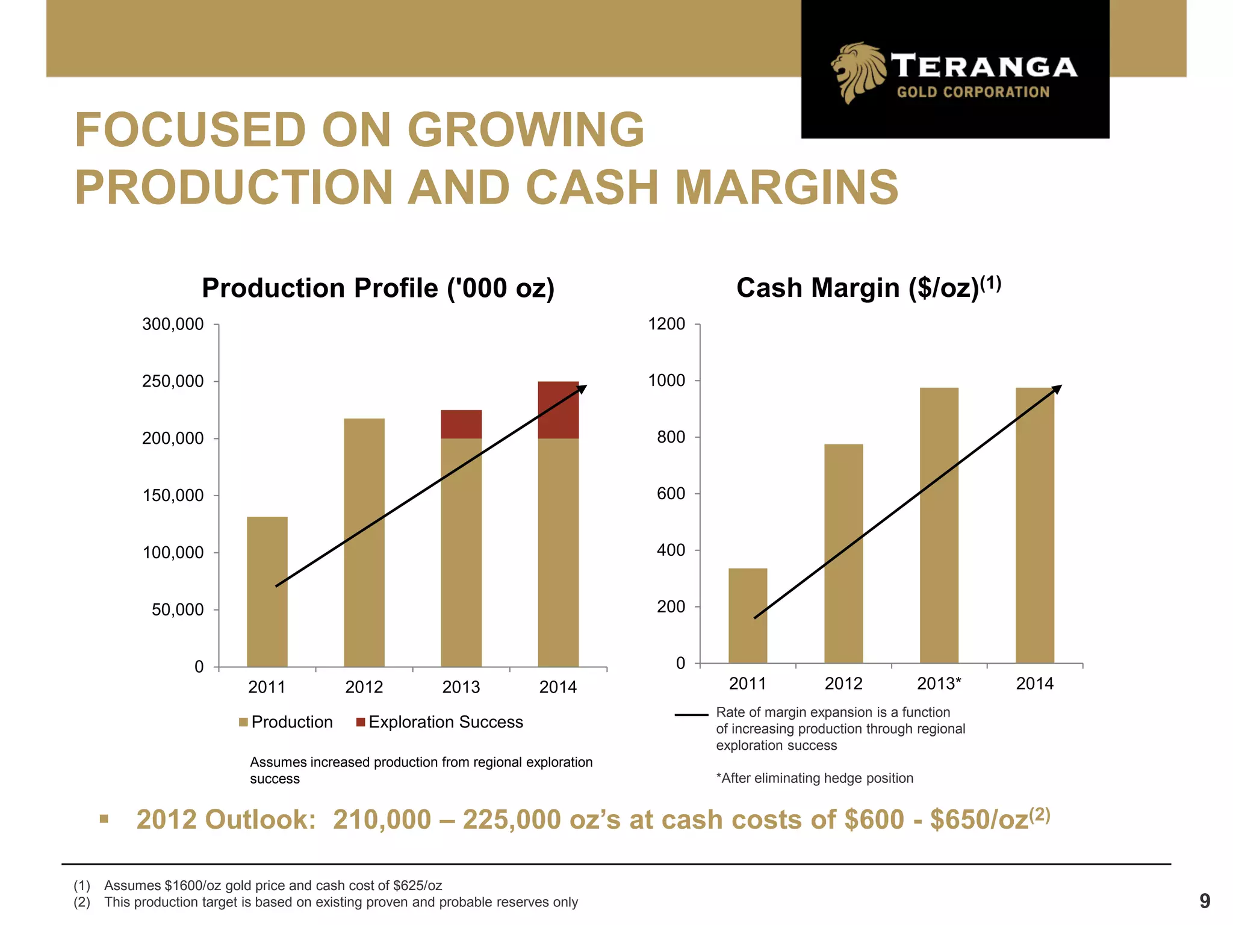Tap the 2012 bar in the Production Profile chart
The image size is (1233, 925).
tap(364, 542)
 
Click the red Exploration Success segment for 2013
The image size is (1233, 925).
tap(461, 424)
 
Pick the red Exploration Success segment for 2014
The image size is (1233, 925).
tap(558, 410)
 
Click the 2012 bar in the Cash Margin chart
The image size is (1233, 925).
tap(843, 553)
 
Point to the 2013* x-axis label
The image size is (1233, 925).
tap(939, 684)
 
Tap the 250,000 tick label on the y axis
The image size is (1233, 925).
tap(173, 381)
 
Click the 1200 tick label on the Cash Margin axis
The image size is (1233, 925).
tap(666, 324)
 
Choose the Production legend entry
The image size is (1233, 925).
tap(286, 722)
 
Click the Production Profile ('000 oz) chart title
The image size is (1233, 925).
tap(378, 288)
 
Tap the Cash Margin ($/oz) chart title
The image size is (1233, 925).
tap(868, 287)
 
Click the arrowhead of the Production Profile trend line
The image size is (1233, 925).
tap(582, 388)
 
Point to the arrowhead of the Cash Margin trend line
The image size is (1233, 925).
tap(1057, 388)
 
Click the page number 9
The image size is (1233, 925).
tap(1205, 901)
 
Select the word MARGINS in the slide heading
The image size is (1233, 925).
tap(786, 187)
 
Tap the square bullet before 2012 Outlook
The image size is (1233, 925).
tap(104, 819)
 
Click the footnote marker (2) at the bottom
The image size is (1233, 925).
tap(82, 902)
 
